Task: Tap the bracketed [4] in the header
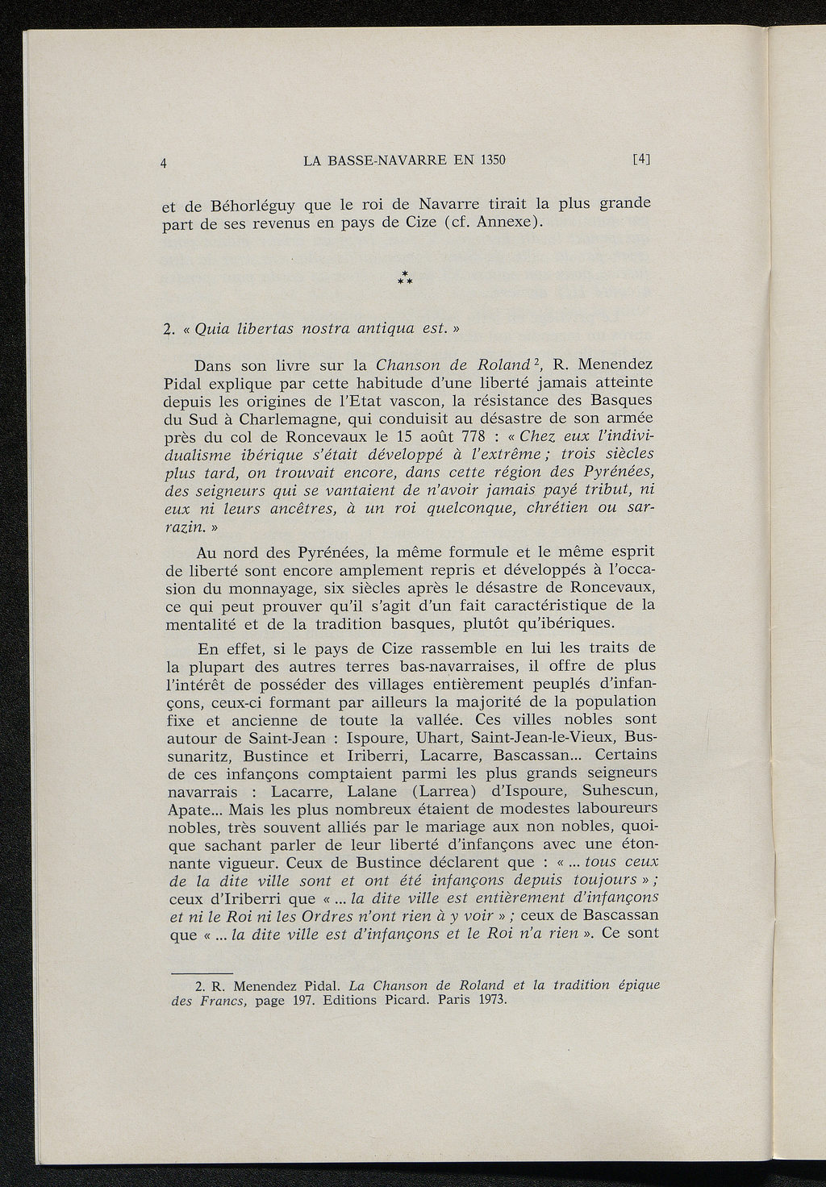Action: pos(641,159)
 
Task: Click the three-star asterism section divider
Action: pos(407,279)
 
